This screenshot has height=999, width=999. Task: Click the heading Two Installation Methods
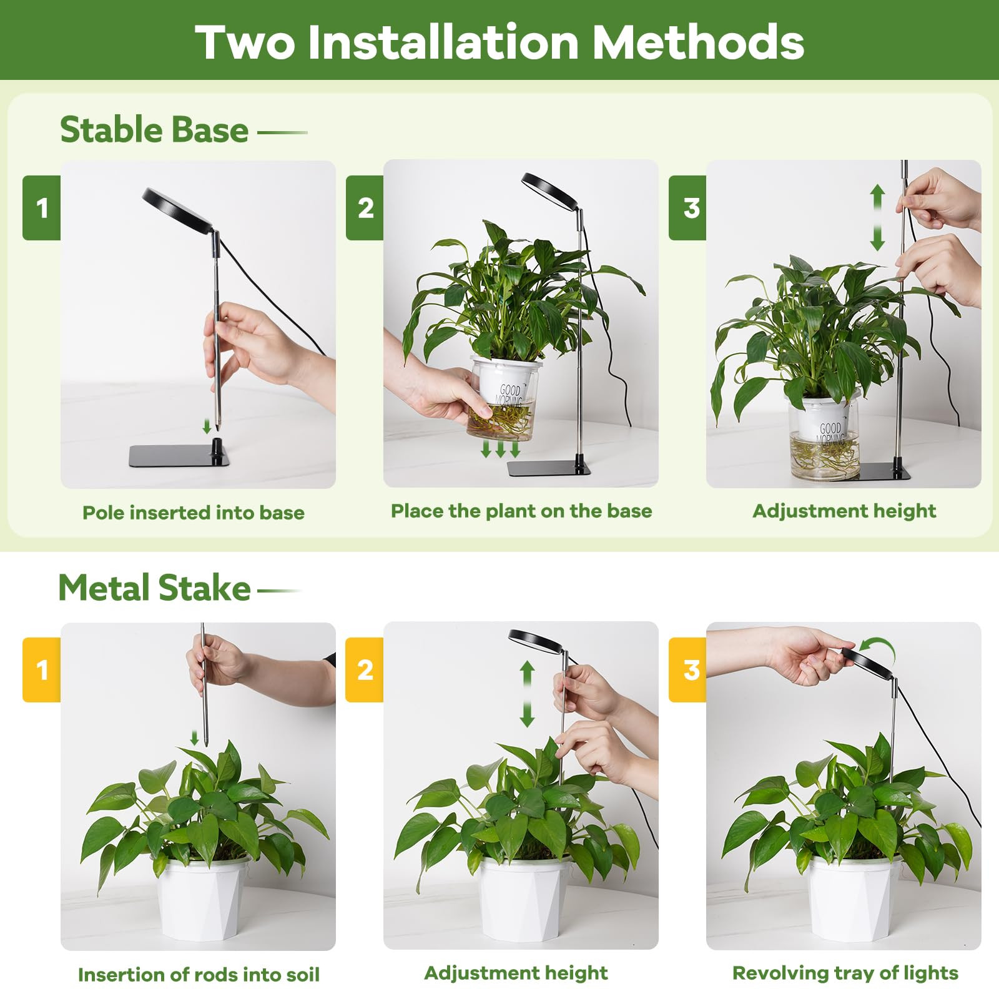coord(499,42)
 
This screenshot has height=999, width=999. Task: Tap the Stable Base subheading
coord(154,130)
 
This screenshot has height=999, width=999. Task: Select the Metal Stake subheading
coord(154,588)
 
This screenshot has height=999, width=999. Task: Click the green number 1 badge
coord(42,208)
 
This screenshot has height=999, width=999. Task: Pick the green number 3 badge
coord(688,208)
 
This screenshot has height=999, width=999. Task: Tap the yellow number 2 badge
coord(365,670)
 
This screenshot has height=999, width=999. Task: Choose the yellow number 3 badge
coord(688,670)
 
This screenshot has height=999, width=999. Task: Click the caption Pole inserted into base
coord(194,513)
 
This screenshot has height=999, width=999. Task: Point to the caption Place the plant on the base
coord(521,511)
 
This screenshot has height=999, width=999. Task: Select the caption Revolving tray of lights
coord(845,973)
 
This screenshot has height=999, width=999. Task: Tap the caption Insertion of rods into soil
coord(199,975)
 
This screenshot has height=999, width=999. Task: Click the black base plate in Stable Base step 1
coord(179,456)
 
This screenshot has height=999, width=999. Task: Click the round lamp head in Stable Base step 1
coord(179,210)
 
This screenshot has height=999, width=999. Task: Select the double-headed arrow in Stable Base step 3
coord(877,217)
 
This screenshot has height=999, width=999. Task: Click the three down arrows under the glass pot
coord(500,448)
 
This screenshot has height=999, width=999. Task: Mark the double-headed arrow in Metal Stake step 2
coord(528,694)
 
